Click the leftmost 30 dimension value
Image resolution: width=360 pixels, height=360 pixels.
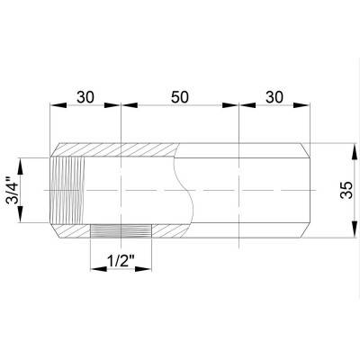coord(85,94)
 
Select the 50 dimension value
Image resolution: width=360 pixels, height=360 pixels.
coord(179,94)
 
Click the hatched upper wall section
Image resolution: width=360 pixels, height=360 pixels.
coord(117,150)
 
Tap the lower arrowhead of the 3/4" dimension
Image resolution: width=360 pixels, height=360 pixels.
coord(24,222)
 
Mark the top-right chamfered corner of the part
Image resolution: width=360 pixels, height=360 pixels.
coord(306,148)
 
